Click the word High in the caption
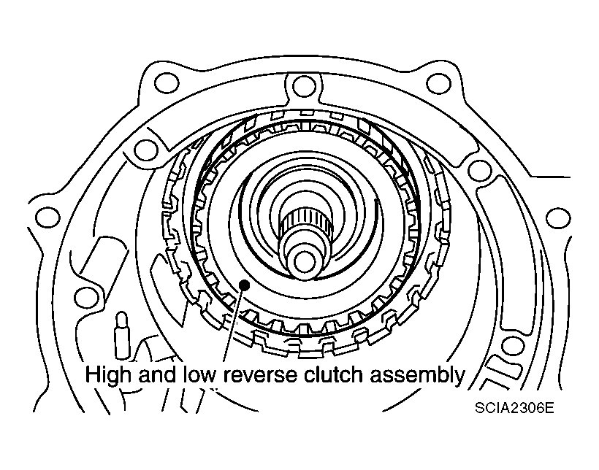(x=111, y=376)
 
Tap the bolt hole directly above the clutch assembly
(x=299, y=87)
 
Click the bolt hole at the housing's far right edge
(x=557, y=217)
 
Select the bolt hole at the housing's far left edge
(x=47, y=216)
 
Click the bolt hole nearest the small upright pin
(x=86, y=296)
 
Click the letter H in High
(x=93, y=376)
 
